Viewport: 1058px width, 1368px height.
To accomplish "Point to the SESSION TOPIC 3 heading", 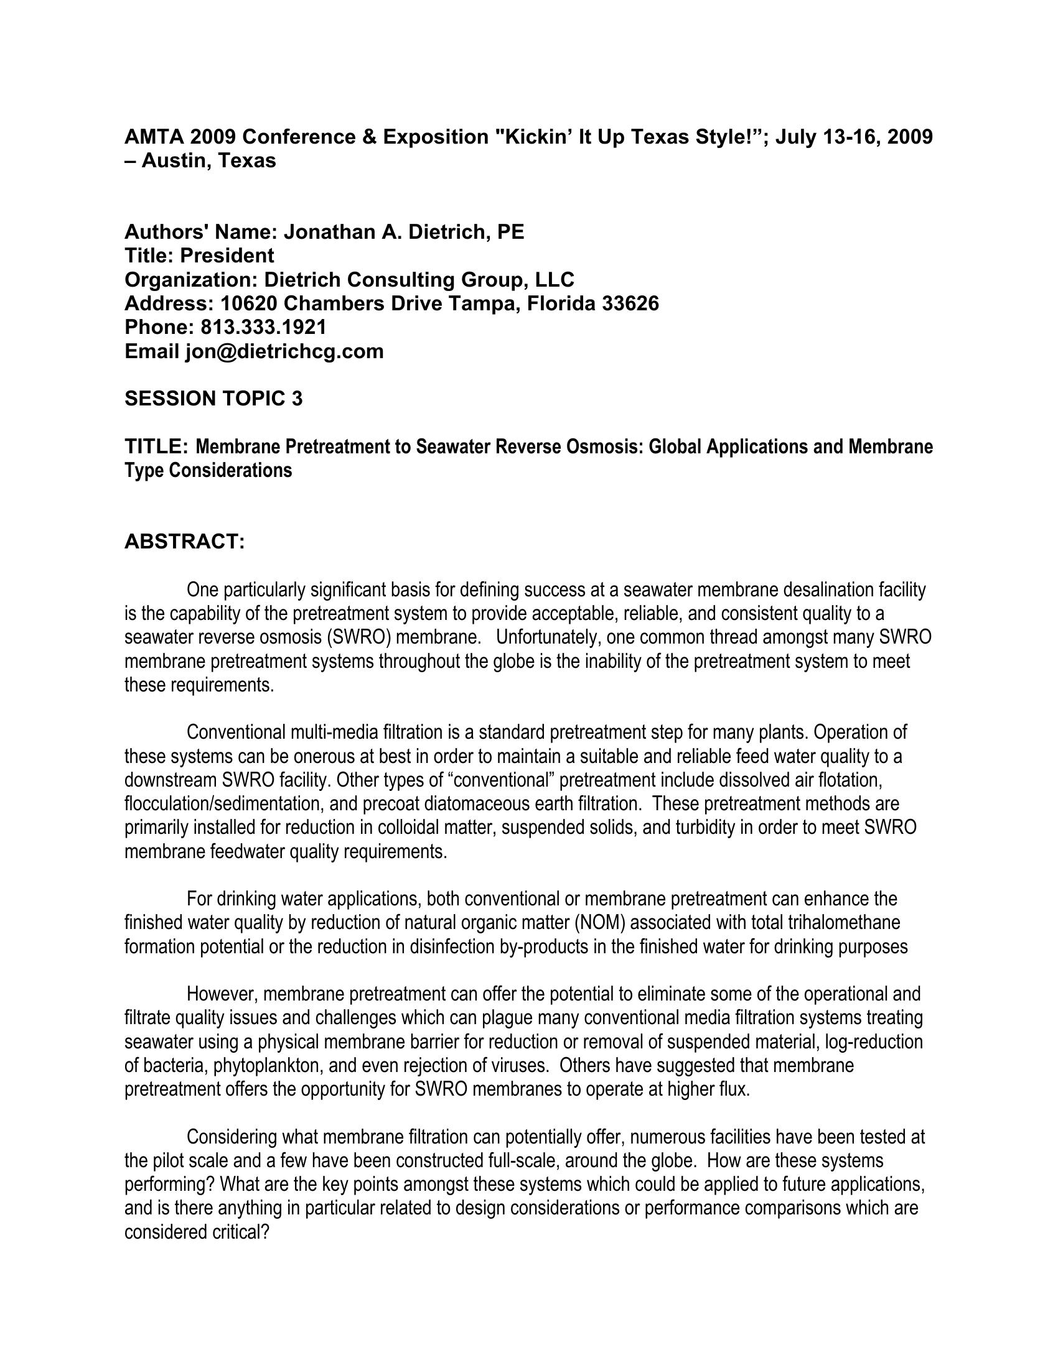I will (213, 399).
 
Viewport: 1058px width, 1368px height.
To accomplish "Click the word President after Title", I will (227, 256).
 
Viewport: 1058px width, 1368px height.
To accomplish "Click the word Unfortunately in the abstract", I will (548, 637).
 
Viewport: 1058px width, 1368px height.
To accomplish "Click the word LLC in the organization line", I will (554, 279).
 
